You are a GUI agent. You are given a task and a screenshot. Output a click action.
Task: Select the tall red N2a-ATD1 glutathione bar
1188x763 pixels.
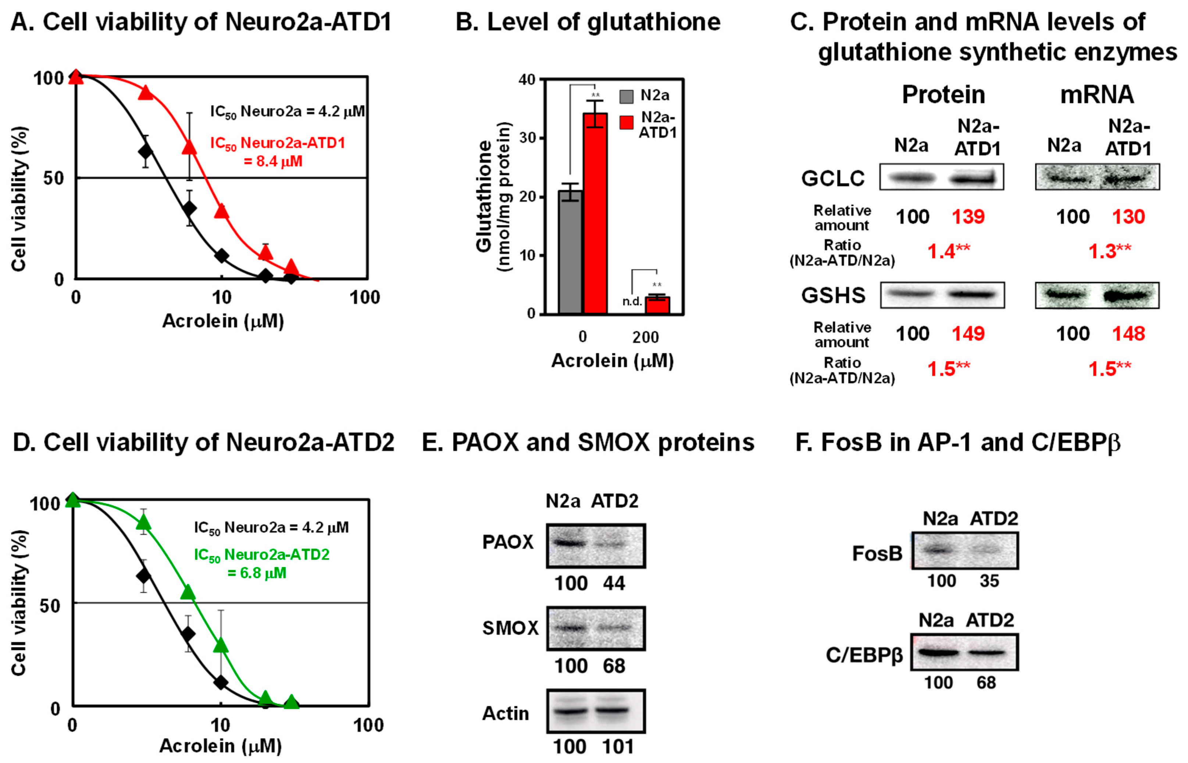(595, 213)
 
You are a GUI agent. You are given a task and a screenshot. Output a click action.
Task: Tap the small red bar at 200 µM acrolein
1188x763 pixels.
(657, 305)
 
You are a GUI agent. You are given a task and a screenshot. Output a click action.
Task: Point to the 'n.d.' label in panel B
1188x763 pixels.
(632, 301)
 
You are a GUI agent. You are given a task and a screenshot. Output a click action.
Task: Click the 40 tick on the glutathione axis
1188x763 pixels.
(527, 79)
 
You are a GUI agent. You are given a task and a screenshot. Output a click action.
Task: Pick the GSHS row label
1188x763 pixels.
(833, 295)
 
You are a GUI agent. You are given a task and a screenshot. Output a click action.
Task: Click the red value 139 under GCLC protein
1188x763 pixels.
(968, 216)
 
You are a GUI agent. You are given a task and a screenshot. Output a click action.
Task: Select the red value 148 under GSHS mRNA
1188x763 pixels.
(1128, 333)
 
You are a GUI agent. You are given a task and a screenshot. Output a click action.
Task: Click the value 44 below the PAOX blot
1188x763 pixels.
(614, 583)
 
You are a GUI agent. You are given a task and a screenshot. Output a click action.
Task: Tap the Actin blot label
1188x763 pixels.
(506, 713)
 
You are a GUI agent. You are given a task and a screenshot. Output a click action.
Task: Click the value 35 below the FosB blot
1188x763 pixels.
(989, 581)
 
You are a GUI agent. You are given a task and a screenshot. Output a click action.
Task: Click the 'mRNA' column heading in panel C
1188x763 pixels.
(1097, 94)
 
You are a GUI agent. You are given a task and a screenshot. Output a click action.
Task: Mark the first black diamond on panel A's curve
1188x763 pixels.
(145, 151)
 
